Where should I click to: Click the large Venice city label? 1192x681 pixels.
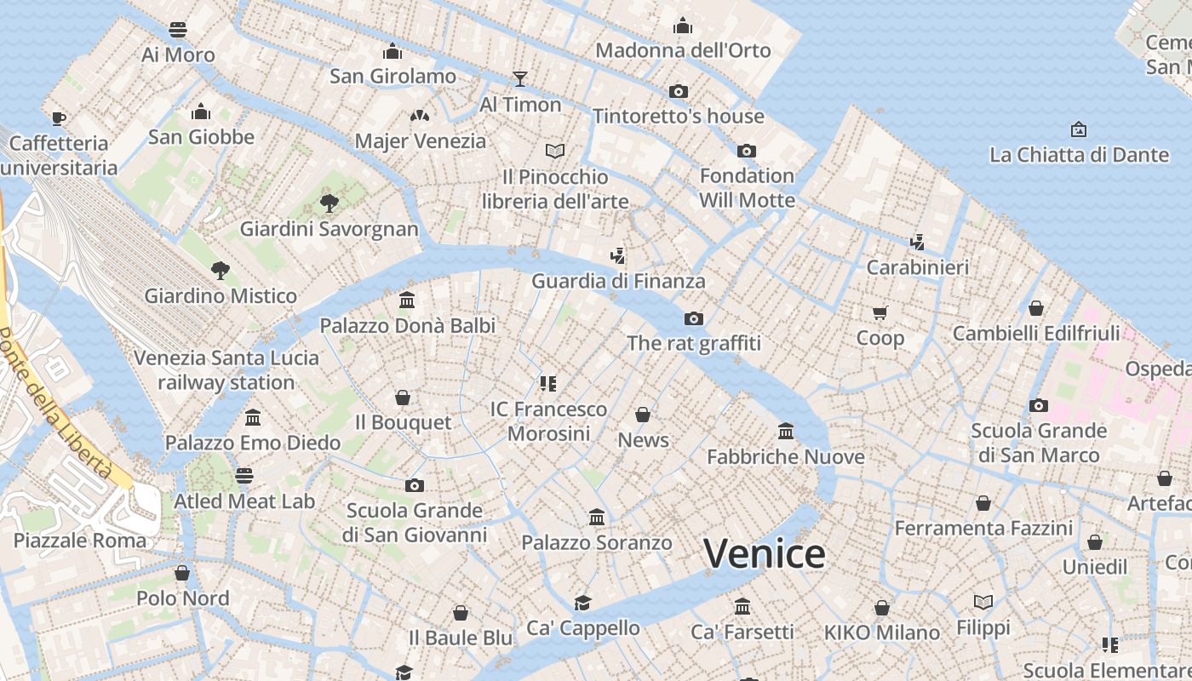(x=764, y=554)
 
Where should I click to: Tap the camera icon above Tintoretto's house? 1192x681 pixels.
(x=678, y=91)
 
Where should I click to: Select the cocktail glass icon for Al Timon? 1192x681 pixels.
(x=520, y=79)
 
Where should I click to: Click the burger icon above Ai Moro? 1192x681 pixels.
(x=178, y=30)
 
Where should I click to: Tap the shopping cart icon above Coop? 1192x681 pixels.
(x=880, y=312)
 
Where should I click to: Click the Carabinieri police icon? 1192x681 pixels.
(x=917, y=242)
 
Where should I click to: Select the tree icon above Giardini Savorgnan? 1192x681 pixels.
(x=329, y=203)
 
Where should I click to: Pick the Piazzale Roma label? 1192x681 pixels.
(x=80, y=540)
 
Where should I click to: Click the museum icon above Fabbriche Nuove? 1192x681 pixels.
(x=786, y=432)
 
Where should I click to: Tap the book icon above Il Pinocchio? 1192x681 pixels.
(x=555, y=152)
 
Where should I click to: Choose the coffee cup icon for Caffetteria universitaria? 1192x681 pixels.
(x=58, y=117)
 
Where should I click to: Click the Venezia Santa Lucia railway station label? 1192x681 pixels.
(x=226, y=370)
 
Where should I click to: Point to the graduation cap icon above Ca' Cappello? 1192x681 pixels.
(x=582, y=603)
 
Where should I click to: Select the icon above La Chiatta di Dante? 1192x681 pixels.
(x=1079, y=129)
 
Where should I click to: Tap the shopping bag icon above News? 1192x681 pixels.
(x=643, y=415)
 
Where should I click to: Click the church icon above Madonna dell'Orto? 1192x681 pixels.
(x=682, y=26)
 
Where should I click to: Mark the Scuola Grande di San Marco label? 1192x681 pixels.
(x=1039, y=443)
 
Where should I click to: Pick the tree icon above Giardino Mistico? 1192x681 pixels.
(x=221, y=271)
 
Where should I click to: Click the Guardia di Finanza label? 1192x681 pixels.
(x=618, y=281)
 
